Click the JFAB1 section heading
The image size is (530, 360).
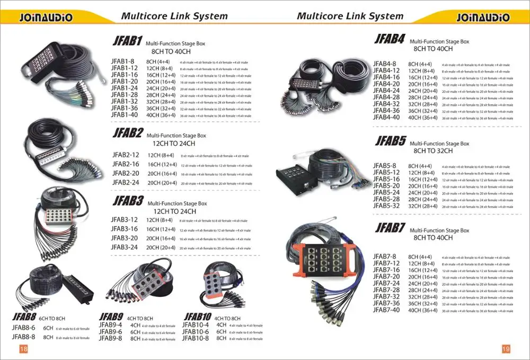(127, 41)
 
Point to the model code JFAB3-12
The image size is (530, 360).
(125, 219)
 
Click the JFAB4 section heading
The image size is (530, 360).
(390, 39)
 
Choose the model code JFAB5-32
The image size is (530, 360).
(386, 206)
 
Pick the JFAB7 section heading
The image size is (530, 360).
(390, 228)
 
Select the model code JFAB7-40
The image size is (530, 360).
(386, 310)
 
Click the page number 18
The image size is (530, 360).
(23, 348)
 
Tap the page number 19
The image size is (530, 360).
(506, 348)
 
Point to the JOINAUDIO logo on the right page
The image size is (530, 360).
(483, 17)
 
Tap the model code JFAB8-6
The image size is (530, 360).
(23, 328)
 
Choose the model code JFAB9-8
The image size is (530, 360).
(110, 338)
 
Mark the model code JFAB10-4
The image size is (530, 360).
(196, 325)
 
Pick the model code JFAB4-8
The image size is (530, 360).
(385, 64)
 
